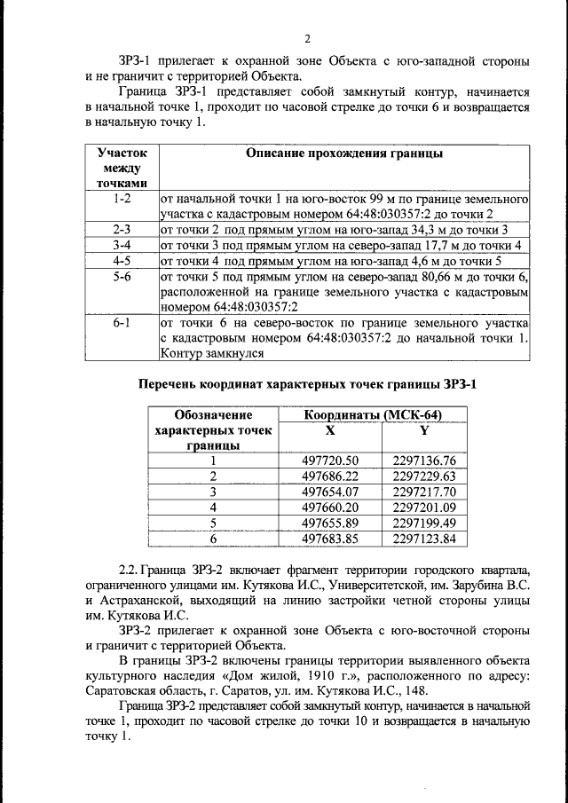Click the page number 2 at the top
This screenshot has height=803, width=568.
(307, 38)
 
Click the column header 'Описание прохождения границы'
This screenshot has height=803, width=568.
(343, 154)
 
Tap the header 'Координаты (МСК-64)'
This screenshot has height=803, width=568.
(373, 414)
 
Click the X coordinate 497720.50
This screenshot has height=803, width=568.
(329, 460)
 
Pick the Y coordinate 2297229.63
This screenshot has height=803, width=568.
(423, 476)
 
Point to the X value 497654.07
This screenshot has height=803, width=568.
(329, 492)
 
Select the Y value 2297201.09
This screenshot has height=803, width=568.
(423, 507)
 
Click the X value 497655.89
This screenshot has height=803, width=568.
(329, 523)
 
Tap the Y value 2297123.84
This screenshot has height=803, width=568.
(423, 538)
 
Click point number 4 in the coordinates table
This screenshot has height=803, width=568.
(213, 507)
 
